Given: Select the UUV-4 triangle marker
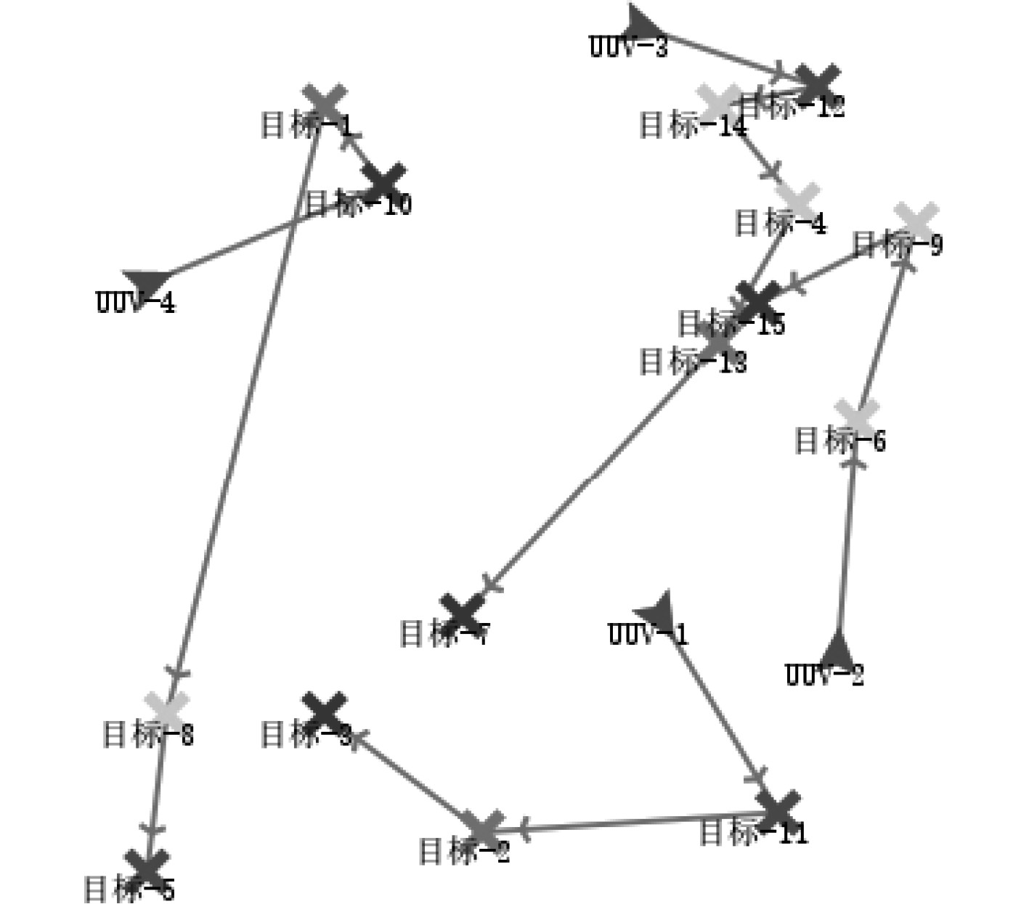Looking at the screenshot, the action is tap(147, 282).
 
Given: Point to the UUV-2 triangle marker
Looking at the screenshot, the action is tap(838, 650).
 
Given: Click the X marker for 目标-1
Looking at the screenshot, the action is tap(325, 102).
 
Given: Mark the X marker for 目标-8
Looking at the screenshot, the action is tap(167, 708).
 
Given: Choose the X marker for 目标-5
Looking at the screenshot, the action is tap(147, 866).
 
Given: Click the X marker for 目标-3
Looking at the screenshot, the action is tap(324, 711).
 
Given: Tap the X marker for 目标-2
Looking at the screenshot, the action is tap(484, 829).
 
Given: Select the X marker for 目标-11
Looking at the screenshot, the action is tap(778, 810).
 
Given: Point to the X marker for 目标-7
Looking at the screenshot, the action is tap(462, 614).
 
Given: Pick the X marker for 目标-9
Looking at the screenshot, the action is tap(916, 221).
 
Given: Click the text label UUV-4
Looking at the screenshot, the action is tap(136, 302).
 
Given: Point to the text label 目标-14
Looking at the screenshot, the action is tap(693, 126).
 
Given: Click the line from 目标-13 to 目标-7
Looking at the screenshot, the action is tap(595, 472).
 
